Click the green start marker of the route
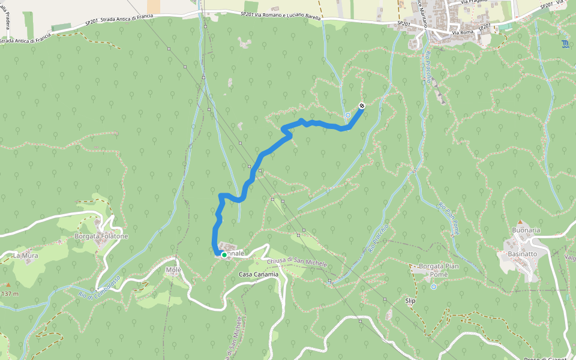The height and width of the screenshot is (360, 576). click(x=224, y=255)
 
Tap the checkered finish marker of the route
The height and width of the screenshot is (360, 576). click(x=362, y=106)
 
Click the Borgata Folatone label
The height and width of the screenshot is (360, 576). click(x=101, y=236)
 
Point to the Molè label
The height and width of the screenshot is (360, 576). click(x=173, y=270)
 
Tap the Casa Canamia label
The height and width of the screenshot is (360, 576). click(x=259, y=274)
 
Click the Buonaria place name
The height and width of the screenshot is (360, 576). click(x=526, y=230)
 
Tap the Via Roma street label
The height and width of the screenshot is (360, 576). click(x=463, y=32)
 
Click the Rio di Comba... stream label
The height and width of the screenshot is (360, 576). click(x=100, y=288)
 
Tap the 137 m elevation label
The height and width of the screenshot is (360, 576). click(x=9, y=294)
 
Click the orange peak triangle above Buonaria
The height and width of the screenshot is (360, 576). click(x=520, y=222)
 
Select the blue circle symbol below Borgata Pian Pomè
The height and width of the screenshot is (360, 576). click(x=433, y=287)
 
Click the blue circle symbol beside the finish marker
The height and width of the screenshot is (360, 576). click(x=348, y=115)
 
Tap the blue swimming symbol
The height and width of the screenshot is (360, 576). click(x=565, y=44)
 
